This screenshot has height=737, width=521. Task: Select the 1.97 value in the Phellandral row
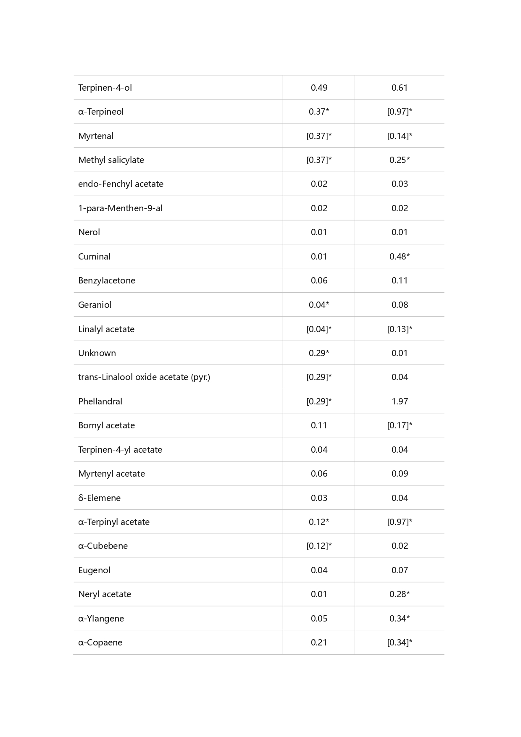click(x=400, y=401)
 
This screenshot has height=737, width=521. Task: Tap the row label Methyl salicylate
click(x=111, y=160)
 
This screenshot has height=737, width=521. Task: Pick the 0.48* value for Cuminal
click(x=400, y=257)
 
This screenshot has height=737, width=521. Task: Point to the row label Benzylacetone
click(x=107, y=281)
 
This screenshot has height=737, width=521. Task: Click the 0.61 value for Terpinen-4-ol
click(x=400, y=88)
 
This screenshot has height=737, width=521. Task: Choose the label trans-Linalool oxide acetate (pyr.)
click(x=144, y=377)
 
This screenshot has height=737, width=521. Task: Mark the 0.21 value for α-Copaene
click(x=319, y=643)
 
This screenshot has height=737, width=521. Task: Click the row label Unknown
click(x=97, y=353)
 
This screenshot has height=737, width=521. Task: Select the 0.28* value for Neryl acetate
click(x=400, y=594)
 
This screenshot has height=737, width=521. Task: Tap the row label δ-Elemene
click(x=99, y=498)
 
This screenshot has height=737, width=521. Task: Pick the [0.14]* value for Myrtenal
click(x=400, y=136)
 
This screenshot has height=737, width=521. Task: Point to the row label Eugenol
click(x=94, y=570)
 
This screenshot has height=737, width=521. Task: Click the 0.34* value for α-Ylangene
click(x=400, y=619)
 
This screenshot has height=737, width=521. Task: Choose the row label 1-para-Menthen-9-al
click(x=120, y=208)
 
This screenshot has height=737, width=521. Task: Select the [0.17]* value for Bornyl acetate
click(x=400, y=425)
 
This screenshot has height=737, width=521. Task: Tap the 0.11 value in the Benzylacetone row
click(x=400, y=281)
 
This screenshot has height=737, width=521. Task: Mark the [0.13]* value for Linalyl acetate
click(x=400, y=329)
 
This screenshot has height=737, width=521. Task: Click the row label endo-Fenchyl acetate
click(x=121, y=184)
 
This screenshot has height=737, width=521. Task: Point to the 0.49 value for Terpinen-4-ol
click(x=319, y=88)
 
